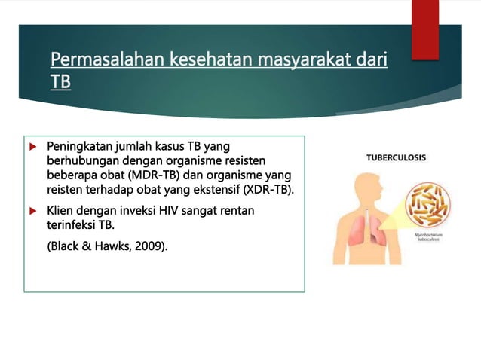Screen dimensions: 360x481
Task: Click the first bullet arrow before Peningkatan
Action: (x=32, y=145)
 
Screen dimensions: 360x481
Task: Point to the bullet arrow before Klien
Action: (x=32, y=211)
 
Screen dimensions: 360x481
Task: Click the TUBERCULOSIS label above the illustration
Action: (x=396, y=158)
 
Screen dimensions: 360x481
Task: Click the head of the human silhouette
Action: (x=361, y=186)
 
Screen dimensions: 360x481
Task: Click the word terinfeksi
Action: (x=72, y=225)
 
